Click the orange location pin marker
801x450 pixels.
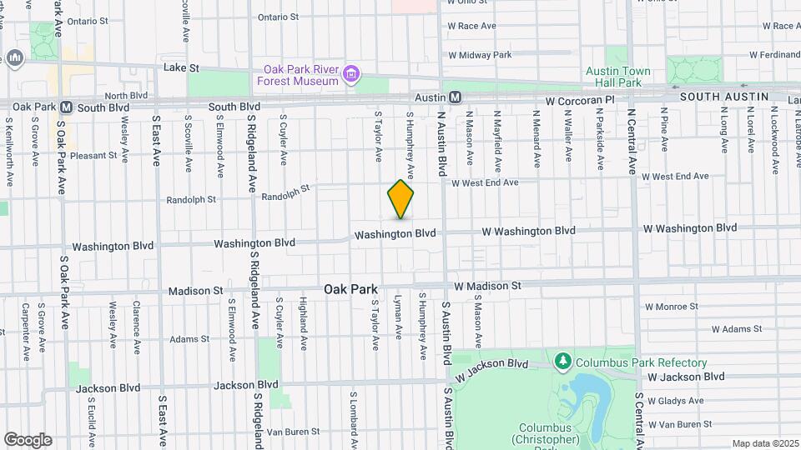[x=400, y=199]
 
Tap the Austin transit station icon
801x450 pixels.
[x=456, y=97]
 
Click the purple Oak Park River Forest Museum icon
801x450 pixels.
[x=352, y=76]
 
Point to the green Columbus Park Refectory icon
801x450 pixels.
[x=563, y=362]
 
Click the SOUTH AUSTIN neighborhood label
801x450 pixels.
[x=723, y=97]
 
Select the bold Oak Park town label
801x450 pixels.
[x=350, y=289]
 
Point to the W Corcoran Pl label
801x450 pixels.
[x=579, y=100]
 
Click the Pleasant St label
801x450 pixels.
[x=94, y=156]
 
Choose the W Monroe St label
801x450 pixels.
[x=671, y=307]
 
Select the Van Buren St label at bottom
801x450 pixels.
[x=295, y=432]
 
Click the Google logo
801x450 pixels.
[x=28, y=439]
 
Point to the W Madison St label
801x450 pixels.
[x=487, y=286]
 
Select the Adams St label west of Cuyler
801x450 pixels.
[x=189, y=339]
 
